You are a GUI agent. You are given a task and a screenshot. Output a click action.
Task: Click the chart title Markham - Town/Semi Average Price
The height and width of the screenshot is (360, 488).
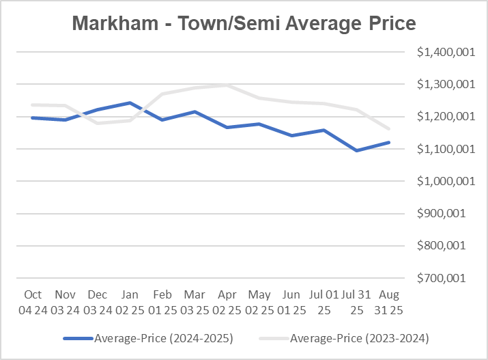click(244, 24)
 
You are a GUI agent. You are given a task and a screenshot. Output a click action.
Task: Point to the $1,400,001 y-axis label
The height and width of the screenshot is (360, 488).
click(440, 52)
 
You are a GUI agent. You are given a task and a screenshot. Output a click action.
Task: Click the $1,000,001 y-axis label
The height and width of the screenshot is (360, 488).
click(440, 181)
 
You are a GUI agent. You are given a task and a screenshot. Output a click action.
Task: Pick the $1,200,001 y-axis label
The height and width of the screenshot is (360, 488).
click(440, 117)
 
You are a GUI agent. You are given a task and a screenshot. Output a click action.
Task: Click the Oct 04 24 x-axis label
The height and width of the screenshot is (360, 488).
click(33, 301)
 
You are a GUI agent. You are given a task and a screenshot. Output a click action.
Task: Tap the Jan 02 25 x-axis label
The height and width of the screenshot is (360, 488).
click(130, 301)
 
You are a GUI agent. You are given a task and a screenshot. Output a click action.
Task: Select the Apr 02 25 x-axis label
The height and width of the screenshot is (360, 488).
click(227, 301)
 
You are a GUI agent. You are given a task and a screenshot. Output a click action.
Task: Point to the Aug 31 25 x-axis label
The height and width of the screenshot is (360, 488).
click(388, 301)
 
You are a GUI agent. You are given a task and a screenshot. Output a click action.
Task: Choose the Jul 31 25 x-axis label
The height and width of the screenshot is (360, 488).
click(356, 301)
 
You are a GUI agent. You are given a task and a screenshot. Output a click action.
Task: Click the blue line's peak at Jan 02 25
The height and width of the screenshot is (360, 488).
click(130, 103)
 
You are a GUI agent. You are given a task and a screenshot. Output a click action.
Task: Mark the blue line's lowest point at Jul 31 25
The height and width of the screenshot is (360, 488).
click(356, 150)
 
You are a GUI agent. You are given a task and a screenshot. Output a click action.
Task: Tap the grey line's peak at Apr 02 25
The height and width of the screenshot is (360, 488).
click(227, 85)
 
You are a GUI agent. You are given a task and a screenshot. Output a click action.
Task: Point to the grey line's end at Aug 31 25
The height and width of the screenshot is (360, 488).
click(388, 128)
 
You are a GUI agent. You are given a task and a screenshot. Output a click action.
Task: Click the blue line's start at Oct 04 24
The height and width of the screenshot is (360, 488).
click(33, 117)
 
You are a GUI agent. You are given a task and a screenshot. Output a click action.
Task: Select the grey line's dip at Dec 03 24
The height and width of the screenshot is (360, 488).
click(98, 123)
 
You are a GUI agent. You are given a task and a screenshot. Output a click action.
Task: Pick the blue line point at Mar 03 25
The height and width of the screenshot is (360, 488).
click(195, 111)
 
